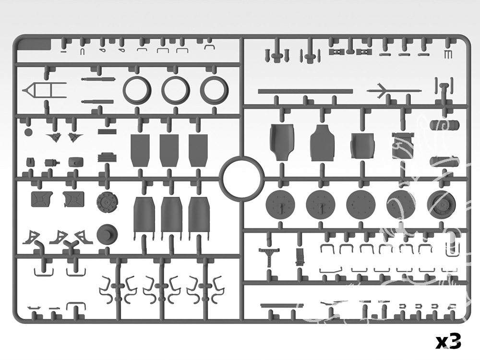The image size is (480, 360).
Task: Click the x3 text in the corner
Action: click(x=448, y=341)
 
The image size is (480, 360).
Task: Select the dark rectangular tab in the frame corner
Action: click(x=34, y=45)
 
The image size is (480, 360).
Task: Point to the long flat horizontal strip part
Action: click(x=305, y=91)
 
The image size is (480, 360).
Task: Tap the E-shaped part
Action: click(x=447, y=55)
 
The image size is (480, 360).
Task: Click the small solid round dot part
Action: click(x=28, y=132)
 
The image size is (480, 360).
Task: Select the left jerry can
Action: click(x=42, y=199)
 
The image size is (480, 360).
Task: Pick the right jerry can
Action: click(x=73, y=199)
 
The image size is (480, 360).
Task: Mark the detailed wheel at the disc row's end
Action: click(x=441, y=204)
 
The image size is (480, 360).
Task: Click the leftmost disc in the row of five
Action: click(x=280, y=204)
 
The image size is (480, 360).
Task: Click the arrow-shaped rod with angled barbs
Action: click(x=394, y=91)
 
